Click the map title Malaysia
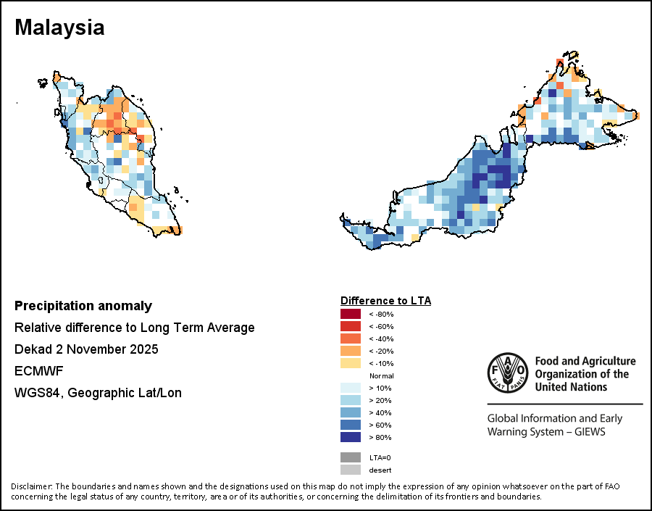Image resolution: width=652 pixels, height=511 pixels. [x=59, y=28]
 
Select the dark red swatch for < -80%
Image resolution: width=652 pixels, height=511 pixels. [x=351, y=314]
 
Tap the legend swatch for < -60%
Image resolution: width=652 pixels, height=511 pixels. [x=351, y=326]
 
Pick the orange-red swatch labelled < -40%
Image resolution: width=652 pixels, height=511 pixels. [x=351, y=338]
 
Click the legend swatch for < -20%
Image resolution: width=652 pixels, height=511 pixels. [x=351, y=351]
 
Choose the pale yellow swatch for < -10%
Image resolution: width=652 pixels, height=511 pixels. [x=351, y=363]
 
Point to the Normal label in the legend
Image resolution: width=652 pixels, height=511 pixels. [x=381, y=375]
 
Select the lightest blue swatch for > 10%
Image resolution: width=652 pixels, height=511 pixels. [x=351, y=388]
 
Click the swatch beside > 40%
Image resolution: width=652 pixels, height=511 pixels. [x=351, y=412]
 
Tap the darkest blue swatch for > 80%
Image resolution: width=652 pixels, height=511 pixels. [x=351, y=437]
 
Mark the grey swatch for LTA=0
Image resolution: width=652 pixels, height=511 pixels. [x=351, y=457]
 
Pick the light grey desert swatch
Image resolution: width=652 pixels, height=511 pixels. [x=351, y=470]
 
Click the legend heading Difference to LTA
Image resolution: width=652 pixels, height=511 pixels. [x=385, y=300]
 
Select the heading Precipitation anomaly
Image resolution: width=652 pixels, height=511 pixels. [x=83, y=306]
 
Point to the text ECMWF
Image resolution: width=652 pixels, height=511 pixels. [x=39, y=371]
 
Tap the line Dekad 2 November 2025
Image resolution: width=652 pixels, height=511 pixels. [x=86, y=349]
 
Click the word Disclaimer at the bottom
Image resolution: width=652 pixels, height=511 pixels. [x=30, y=486]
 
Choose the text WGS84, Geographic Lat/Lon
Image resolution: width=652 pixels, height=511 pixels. [x=98, y=393]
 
